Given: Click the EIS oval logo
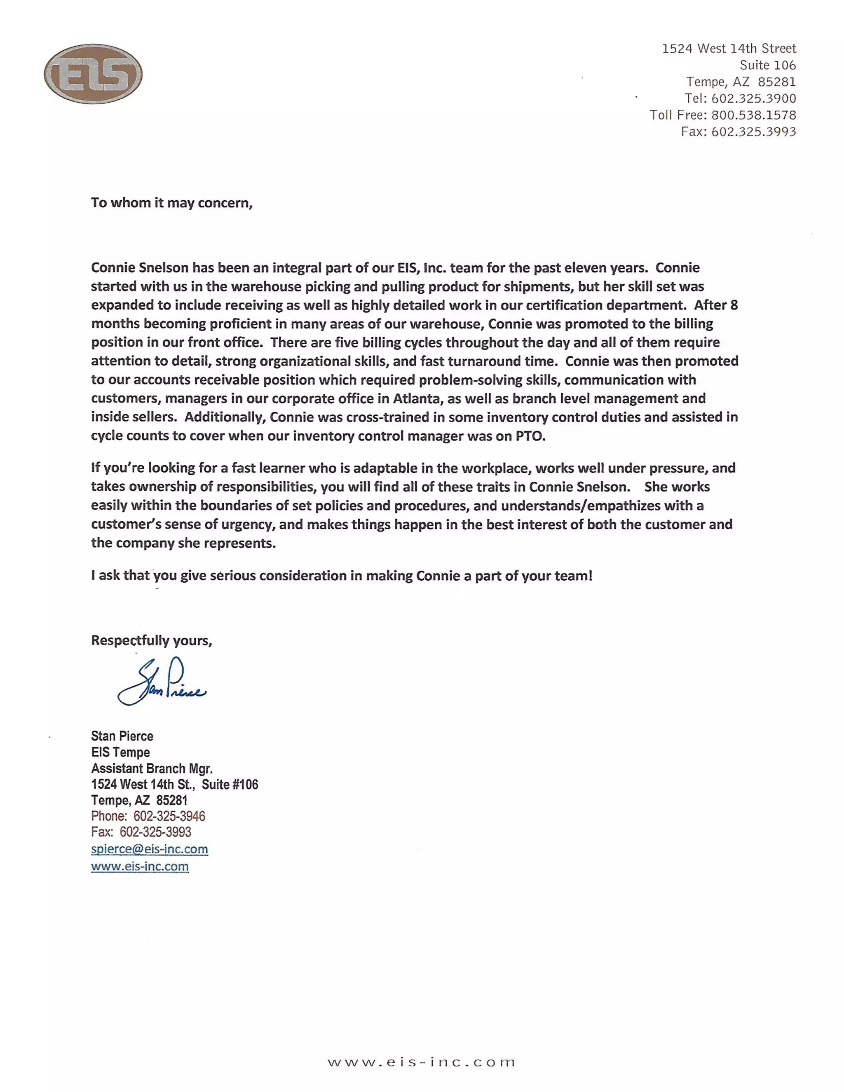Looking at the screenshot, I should [x=93, y=74].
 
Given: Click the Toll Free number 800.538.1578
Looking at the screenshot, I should [x=753, y=115].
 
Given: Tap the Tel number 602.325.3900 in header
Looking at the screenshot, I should [x=753, y=98].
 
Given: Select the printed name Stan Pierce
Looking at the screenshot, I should [x=122, y=736].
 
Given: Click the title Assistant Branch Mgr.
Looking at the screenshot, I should [x=152, y=768].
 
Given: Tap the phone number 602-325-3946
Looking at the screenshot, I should [x=169, y=816].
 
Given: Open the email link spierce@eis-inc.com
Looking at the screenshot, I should [x=149, y=849].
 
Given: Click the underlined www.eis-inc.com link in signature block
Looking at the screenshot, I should [x=140, y=867].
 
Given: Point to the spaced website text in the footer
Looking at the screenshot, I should [x=421, y=1062].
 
